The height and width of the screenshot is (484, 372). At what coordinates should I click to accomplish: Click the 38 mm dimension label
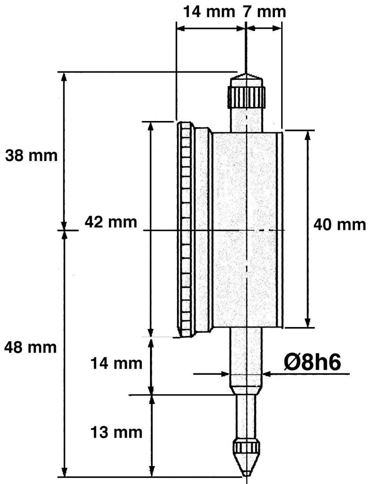coord(32,156)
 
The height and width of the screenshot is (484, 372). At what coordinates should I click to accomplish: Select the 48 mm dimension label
coord(31,347)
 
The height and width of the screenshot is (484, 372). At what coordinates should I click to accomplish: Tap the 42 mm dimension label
coord(111,222)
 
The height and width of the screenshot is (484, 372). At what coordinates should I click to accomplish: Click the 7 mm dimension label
coord(264,12)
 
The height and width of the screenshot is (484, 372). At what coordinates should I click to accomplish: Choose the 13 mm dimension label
coord(116,432)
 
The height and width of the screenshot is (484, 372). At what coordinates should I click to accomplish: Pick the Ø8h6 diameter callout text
coord(312,363)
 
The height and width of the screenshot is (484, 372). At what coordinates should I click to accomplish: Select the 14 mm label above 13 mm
coord(116,363)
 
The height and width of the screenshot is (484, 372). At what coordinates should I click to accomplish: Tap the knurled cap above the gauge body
coord(247,96)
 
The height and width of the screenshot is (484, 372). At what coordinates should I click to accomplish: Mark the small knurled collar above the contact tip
coord(247,446)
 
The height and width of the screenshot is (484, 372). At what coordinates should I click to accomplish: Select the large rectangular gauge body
coord(247,230)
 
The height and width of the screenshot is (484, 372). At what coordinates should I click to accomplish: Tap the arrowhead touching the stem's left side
coord(225,374)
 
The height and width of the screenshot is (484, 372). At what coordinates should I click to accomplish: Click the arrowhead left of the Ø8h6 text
coord(267,374)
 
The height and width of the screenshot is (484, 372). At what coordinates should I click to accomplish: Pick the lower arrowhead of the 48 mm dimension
coord(64,471)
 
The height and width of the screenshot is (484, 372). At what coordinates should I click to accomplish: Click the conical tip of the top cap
coord(247,76)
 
